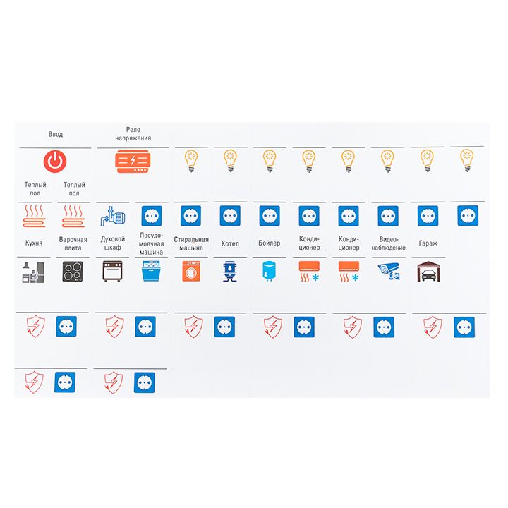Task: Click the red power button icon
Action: (55, 161)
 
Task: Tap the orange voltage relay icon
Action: (133, 161)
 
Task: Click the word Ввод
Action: (56, 134)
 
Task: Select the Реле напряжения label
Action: (133, 134)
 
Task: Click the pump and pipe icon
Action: (113, 215)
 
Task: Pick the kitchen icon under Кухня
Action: (33, 272)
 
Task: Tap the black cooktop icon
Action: (73, 271)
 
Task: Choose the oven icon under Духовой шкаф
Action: (112, 271)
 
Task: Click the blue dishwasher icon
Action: (151, 271)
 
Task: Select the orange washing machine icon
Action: (191, 271)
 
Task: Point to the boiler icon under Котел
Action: (230, 272)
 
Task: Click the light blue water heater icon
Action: (269, 271)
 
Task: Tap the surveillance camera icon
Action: (389, 272)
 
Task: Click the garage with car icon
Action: (428, 272)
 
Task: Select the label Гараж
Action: (428, 243)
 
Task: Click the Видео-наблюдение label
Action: (389, 243)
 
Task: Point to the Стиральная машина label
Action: (191, 243)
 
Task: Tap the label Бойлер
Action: (270, 243)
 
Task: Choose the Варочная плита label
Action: (73, 243)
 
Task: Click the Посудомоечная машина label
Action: (151, 243)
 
